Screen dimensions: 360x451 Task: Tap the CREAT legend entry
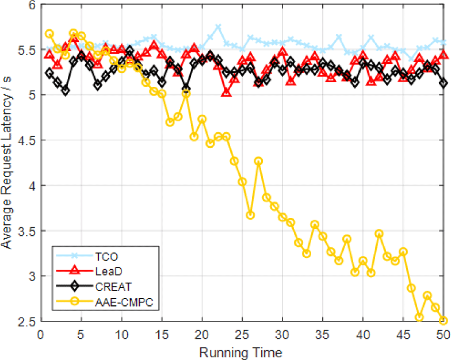coord(114,286)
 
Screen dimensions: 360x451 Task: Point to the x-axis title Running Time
coord(242,351)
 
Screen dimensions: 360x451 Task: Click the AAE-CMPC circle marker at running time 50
coord(443,320)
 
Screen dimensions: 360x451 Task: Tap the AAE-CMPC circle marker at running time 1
coord(49,34)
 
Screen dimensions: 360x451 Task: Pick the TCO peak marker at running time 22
coord(218,27)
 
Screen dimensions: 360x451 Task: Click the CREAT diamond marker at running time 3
coord(65,90)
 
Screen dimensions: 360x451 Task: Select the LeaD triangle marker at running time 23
coord(226,92)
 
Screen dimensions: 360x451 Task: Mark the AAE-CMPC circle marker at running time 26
coord(250,215)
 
